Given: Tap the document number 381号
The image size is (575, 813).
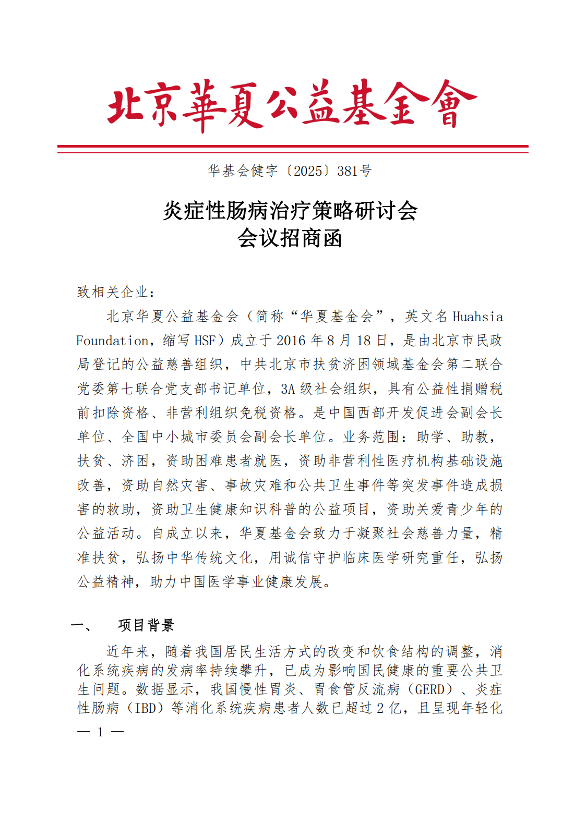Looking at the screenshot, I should pyautogui.click(x=354, y=171).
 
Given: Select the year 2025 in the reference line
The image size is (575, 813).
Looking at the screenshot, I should pyautogui.click(x=308, y=171).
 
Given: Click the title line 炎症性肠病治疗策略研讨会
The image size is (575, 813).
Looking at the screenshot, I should pyautogui.click(x=290, y=211).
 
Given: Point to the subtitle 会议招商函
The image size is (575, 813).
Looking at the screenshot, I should pyautogui.click(x=290, y=238).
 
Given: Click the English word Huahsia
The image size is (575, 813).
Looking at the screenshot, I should pyautogui.click(x=477, y=317).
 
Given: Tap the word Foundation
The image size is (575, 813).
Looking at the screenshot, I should pyautogui.click(x=113, y=341).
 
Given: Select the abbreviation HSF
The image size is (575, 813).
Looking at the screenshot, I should pyautogui.click(x=205, y=341).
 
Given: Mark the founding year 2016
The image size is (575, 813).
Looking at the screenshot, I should pyautogui.click(x=291, y=341).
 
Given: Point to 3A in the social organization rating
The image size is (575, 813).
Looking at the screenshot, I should pyautogui.click(x=288, y=389).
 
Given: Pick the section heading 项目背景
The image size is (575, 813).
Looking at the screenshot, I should pyautogui.click(x=146, y=625).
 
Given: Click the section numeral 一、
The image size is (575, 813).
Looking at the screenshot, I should pyautogui.click(x=82, y=625).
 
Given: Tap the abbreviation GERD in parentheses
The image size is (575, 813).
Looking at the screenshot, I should pyautogui.click(x=429, y=689).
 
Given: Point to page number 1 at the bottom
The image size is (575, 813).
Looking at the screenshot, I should pyautogui.click(x=100, y=732).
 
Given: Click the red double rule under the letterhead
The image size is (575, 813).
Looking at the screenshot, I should pyautogui.click(x=293, y=149).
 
